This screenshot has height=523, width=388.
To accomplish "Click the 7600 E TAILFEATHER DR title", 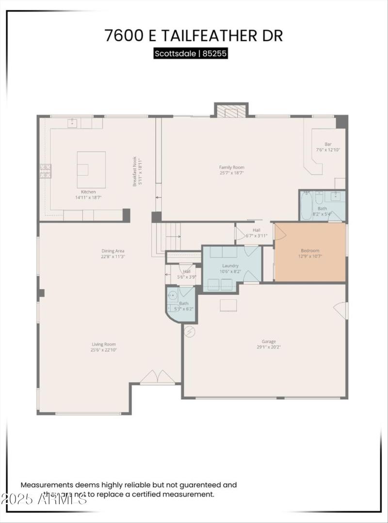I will pos(194,35).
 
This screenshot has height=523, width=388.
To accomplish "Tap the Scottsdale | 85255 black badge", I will pos(191,53).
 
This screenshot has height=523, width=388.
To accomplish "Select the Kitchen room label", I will pos(88,192).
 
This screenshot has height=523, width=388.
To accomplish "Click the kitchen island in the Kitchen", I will pos(91,169).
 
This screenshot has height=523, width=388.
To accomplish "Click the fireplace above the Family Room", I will pos(231,111).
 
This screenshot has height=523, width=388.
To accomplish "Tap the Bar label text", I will pos(328,144).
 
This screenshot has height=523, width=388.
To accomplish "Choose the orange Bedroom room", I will pos(310,252).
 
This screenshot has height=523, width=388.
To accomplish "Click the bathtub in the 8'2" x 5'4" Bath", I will pos(307,206).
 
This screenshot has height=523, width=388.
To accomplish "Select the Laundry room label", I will pos(230,266).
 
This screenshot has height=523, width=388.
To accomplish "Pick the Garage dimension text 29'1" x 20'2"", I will pos(269,347).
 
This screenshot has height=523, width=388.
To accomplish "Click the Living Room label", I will pos(104,344).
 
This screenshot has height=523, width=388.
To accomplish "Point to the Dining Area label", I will pos(113,251).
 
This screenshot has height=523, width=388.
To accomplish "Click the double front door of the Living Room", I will pos(157,377).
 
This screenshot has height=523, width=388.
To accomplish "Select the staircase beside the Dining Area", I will pos(166,238).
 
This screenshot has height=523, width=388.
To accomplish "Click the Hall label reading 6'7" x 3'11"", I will pos(257,232).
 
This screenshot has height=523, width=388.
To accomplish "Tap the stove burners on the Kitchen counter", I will pos(45,171).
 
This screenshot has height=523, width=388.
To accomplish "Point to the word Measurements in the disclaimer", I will pos(47,484).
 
